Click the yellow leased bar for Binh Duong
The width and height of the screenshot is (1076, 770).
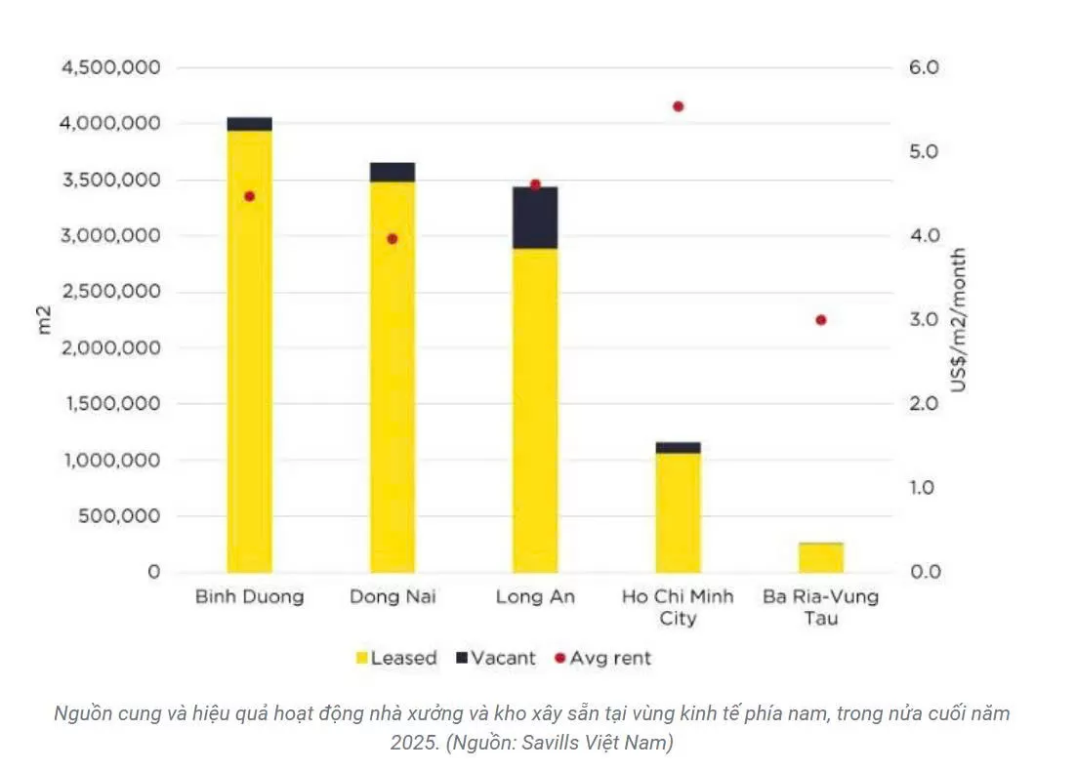(x=249, y=351)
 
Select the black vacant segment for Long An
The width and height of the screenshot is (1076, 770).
(x=535, y=218)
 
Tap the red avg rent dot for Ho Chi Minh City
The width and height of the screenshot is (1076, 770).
(x=679, y=106)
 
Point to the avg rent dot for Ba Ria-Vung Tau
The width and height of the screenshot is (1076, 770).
(x=821, y=320)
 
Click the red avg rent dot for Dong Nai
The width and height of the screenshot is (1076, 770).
(x=393, y=238)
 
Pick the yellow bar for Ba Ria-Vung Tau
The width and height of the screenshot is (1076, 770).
(x=821, y=557)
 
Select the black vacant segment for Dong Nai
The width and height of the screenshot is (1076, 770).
(x=393, y=172)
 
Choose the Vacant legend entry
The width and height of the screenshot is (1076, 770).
(x=495, y=658)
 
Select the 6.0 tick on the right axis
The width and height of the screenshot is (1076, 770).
(x=924, y=68)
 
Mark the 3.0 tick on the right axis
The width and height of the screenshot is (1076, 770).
(x=924, y=320)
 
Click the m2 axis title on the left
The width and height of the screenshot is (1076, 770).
(x=44, y=320)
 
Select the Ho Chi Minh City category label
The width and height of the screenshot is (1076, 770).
(x=679, y=607)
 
